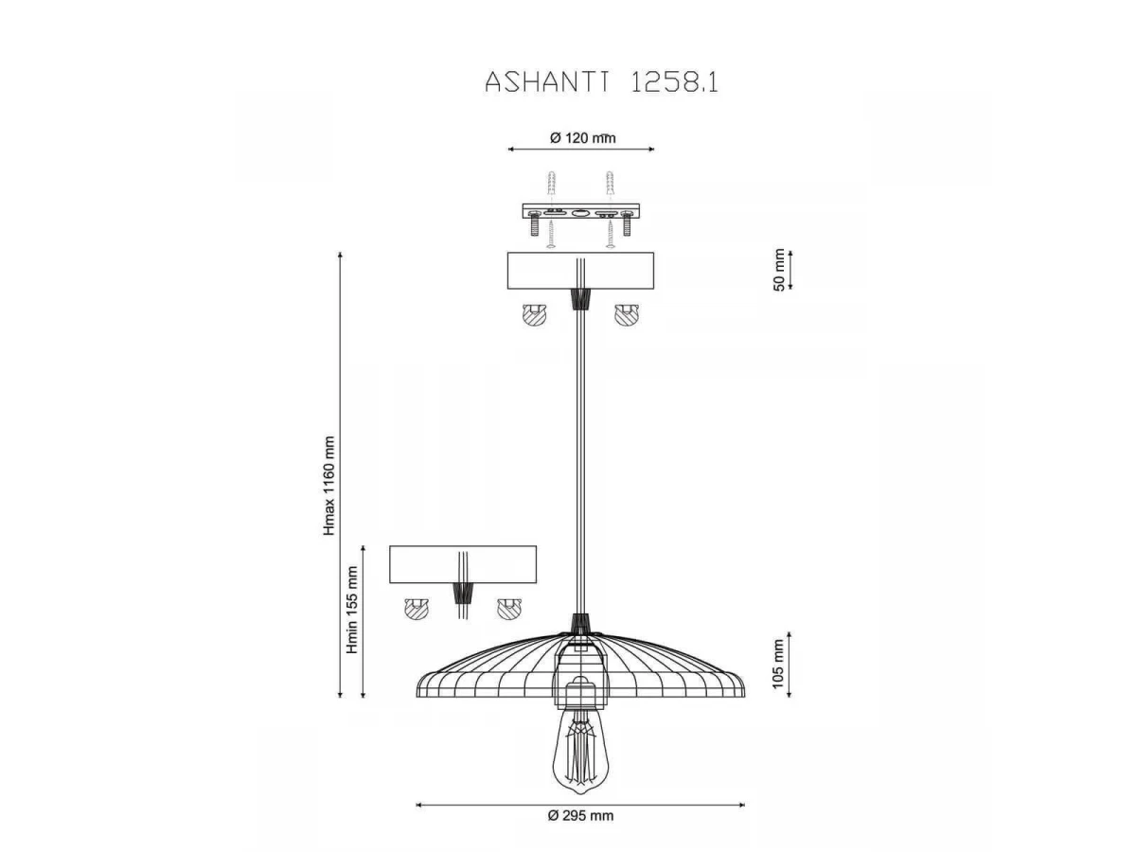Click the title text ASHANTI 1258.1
point(601,81)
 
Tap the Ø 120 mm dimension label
point(582,138)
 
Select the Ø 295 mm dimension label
point(580,815)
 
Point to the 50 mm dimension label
point(779,270)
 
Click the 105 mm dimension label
point(778,664)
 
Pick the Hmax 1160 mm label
point(329,486)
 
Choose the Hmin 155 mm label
point(352,610)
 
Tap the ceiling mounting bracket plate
point(580,210)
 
